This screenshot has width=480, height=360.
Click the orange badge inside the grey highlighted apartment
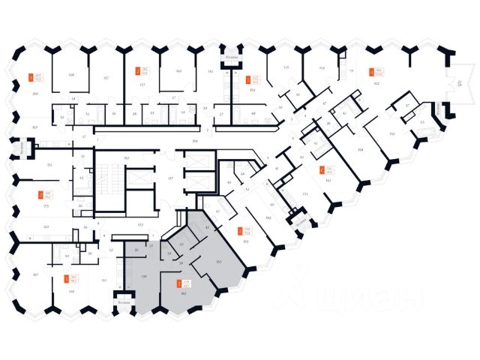pos(178,283)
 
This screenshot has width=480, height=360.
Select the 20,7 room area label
pos(36,275)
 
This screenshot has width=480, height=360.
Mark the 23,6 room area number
pos(35,93)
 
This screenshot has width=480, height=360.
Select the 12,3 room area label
pos(47,226)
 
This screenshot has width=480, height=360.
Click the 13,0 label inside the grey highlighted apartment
pos(142,277)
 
